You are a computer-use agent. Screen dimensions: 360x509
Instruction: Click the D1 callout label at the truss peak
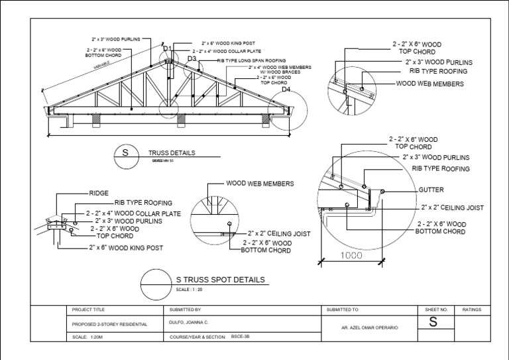[167, 48]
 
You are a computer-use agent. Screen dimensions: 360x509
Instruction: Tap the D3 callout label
[192, 59]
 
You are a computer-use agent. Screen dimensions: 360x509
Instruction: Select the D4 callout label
[286, 89]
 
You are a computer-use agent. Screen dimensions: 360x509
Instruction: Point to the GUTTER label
[431, 190]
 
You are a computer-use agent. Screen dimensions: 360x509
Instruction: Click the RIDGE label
[98, 193]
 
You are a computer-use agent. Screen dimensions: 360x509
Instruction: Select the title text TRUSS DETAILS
[172, 152]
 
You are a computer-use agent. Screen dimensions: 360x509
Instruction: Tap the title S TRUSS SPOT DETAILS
[220, 280]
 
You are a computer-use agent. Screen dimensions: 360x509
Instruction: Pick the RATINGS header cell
[471, 310]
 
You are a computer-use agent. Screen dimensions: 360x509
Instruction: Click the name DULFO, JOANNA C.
[191, 324]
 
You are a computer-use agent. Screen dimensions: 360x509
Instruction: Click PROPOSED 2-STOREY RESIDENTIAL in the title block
[109, 324]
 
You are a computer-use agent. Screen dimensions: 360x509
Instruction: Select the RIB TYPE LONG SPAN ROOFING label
[247, 60]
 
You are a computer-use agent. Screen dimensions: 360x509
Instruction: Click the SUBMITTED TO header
[341, 310]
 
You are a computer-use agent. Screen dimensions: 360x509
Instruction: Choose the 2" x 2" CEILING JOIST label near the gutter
[453, 208]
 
